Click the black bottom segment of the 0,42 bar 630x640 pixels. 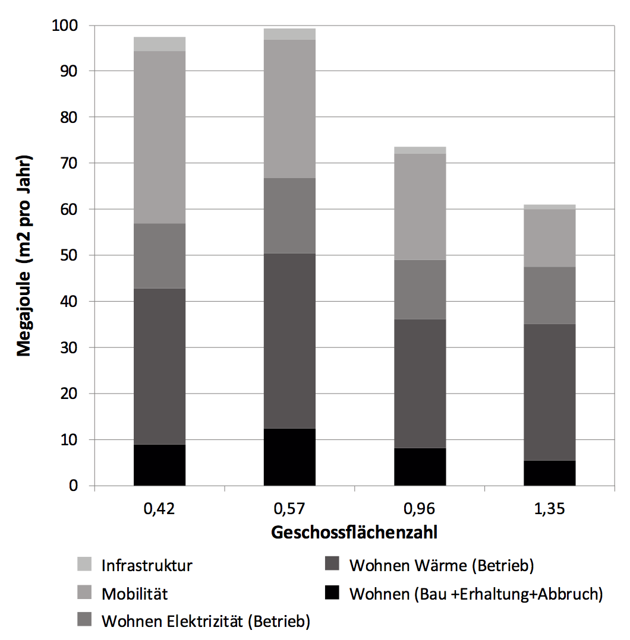coord(159,465)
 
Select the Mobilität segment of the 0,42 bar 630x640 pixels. coord(159,137)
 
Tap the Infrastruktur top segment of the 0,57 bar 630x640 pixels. coord(289,34)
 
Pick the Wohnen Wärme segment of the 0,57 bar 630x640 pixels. coord(289,341)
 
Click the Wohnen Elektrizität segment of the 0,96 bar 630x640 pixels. coord(420,289)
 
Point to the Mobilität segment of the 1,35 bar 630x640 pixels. coord(550,238)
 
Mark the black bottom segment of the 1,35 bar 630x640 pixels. coord(550,473)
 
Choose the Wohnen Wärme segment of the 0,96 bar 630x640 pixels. coord(420,384)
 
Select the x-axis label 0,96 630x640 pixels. coord(420,509)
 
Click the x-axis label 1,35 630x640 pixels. coord(550,509)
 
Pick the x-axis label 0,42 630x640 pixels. coord(159,509)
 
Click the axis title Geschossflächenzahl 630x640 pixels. coord(354,533)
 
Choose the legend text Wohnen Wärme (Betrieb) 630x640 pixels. coord(441,565)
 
